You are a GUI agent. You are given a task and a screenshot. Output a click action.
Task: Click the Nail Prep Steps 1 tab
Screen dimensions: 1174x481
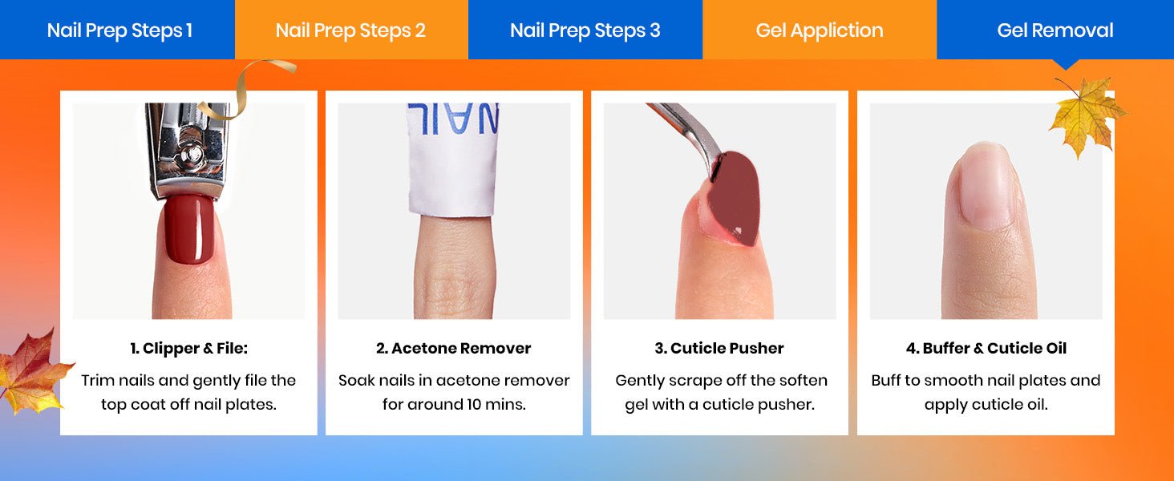pyautogui.click(x=117, y=30)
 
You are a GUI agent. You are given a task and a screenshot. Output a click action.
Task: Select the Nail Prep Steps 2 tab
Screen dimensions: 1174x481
pyautogui.click(x=351, y=30)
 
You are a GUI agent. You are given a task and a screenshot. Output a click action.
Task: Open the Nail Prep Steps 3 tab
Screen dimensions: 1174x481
pyautogui.click(x=585, y=30)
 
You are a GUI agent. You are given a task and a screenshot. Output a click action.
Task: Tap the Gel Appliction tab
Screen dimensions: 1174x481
pyautogui.click(x=820, y=30)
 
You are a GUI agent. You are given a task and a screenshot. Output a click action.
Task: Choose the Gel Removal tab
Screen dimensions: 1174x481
pyautogui.click(x=1055, y=30)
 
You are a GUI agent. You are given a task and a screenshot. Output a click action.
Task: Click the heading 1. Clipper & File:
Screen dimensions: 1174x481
pyautogui.click(x=188, y=348)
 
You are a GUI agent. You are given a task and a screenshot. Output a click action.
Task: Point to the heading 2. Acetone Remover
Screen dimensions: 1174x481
pyautogui.click(x=454, y=348)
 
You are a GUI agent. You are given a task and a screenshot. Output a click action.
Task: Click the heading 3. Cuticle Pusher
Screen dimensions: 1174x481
pyautogui.click(x=719, y=348)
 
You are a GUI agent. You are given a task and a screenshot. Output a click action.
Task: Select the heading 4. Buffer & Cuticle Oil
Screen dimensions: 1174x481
pyautogui.click(x=986, y=348)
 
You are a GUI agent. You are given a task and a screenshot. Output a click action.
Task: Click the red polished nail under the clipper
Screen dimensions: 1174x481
pyautogui.click(x=189, y=229)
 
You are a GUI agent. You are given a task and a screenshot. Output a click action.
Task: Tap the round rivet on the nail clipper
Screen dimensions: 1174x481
pyautogui.click(x=192, y=155)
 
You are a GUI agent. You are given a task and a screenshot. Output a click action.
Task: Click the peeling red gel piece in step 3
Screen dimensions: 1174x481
pyautogui.click(x=735, y=196)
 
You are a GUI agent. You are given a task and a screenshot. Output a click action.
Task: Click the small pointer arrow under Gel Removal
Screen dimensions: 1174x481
pyautogui.click(x=1066, y=64)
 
